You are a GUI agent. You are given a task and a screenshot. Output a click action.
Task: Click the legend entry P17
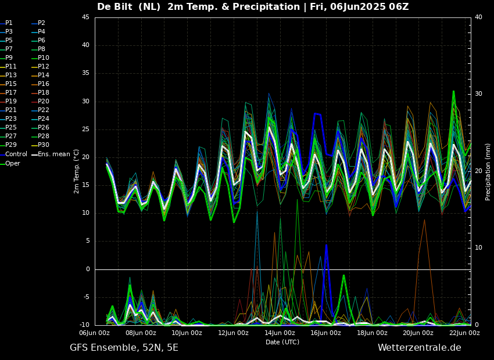coord(11,93)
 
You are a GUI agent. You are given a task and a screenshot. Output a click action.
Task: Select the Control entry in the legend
coord(16,154)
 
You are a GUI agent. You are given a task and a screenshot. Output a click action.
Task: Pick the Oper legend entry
coord(13,163)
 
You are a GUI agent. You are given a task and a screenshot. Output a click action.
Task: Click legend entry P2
coord(41,23)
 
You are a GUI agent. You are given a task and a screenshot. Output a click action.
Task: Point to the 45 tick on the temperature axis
coord(85,17)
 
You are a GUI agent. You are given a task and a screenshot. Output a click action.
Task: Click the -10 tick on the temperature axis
coord(84,325)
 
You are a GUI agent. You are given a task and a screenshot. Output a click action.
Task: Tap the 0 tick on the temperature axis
coord(87,269)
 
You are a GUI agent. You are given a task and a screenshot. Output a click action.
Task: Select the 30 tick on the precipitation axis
coord(478,94)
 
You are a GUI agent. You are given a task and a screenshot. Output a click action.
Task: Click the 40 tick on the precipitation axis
coord(478,17)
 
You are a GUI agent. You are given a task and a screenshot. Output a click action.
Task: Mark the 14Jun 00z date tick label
coord(280,333)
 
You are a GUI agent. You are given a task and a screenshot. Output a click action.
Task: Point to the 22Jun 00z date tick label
coord(465,333)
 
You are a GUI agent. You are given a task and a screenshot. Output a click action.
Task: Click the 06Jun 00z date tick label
coord(94,333)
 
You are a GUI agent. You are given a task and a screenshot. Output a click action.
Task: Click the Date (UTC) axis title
coord(282,343)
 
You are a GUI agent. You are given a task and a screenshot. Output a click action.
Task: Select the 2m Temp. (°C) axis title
coord(76,171)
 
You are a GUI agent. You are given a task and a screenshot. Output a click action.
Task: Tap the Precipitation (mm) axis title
coord(488,172)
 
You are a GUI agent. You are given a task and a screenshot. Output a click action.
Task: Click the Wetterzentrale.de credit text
coord(419,348)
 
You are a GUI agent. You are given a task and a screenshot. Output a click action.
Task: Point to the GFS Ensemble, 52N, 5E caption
coord(124,348)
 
